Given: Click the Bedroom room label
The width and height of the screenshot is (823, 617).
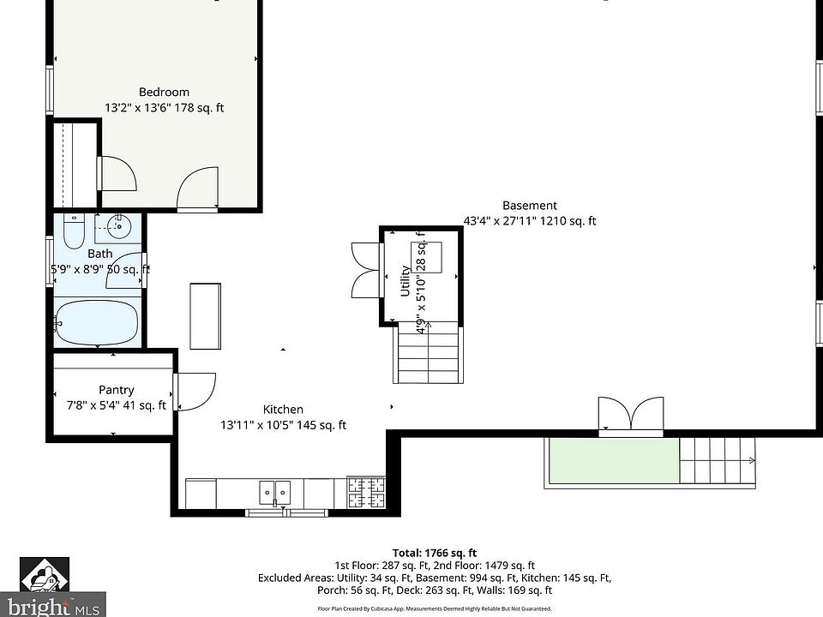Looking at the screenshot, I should [x=164, y=92].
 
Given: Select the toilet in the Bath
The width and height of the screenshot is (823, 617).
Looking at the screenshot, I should [x=74, y=230].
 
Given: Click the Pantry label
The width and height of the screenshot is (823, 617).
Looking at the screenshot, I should [x=116, y=390].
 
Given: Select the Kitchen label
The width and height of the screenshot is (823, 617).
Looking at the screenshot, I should [x=283, y=410].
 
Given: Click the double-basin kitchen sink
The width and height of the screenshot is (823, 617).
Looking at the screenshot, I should [x=275, y=493].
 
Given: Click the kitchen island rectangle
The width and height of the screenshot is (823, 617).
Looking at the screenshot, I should [x=207, y=314].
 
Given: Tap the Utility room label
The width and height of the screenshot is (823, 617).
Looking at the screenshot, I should [x=405, y=281].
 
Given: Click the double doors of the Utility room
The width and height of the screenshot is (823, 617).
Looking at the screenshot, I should [x=364, y=269].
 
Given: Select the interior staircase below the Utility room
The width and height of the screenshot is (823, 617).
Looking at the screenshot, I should [x=427, y=352].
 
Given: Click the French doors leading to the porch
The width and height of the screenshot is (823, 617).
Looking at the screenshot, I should [x=631, y=416].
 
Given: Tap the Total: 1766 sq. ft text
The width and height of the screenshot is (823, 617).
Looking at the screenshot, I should [x=434, y=553].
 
